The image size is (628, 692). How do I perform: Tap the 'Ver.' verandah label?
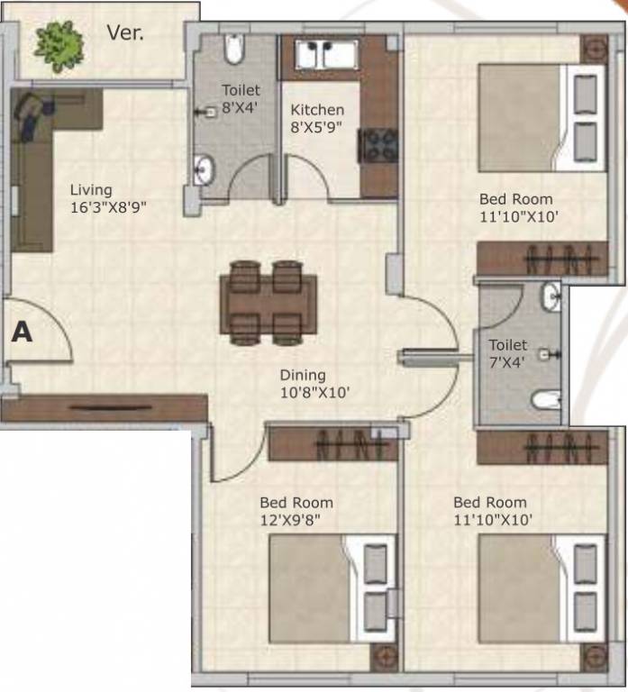pyautogui.click(x=125, y=33)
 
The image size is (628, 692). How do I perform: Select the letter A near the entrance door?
pyautogui.click(x=22, y=332)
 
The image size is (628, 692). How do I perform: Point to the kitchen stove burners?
pyautogui.click(x=378, y=145)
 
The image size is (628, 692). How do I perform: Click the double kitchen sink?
pyautogui.click(x=322, y=54)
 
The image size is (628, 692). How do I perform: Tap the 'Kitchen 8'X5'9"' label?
pyautogui.click(x=317, y=119)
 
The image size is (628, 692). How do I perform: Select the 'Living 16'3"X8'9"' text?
pyautogui.click(x=107, y=198)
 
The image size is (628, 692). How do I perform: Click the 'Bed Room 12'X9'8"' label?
pyautogui.click(x=296, y=511)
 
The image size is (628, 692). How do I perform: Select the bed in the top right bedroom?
pyautogui.click(x=539, y=117)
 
